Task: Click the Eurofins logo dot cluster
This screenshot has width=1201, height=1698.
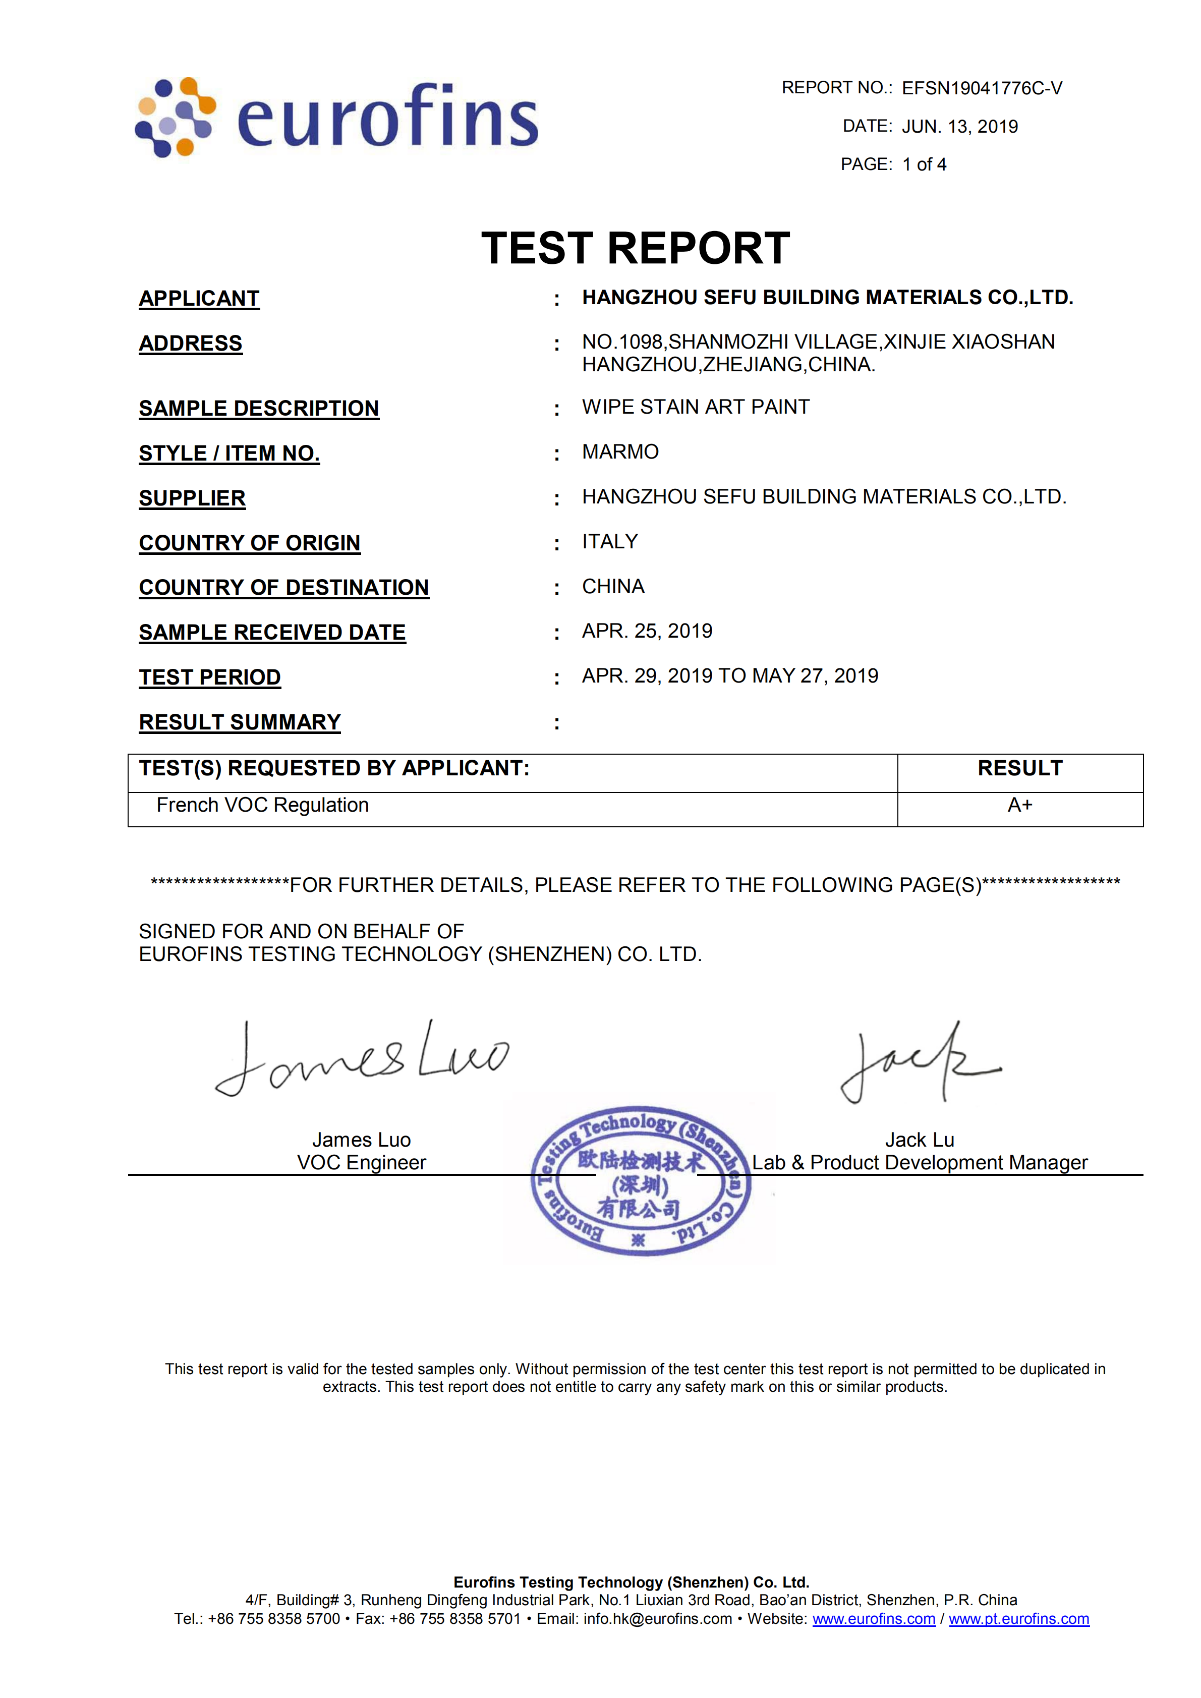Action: [x=175, y=117]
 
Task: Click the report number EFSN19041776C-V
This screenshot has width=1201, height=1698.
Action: [x=982, y=89]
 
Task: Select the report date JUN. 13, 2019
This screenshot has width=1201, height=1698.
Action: [x=959, y=127]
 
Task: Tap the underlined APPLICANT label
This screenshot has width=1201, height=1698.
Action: [x=199, y=298]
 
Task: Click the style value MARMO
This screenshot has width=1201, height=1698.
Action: [x=620, y=452]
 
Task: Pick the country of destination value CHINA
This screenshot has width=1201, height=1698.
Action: [x=613, y=587]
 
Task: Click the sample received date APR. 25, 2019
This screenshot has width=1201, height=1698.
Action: [x=647, y=631]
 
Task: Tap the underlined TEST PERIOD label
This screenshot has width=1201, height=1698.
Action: [x=210, y=677]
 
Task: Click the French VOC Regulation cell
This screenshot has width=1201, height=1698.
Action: [x=262, y=806]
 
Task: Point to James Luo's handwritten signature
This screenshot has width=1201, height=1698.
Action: [x=362, y=1058]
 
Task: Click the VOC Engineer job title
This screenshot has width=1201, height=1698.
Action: [x=362, y=1163]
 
